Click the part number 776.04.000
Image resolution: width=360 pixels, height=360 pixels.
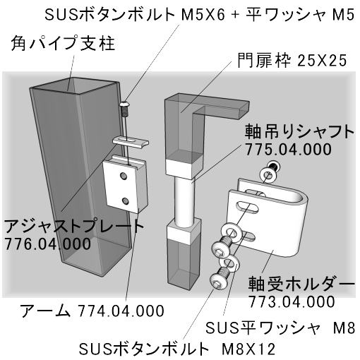47,244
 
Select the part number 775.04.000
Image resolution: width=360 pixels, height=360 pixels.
288,149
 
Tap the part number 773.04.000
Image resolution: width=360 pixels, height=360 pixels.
292,301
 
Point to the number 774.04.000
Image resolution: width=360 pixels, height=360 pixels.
121,311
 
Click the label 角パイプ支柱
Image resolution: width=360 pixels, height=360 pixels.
63,43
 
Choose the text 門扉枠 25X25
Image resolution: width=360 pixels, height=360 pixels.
292,61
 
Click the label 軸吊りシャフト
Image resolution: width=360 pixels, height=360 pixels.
299,131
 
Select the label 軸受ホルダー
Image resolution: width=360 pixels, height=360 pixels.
301,284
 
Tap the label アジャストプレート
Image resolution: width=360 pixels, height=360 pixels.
74,226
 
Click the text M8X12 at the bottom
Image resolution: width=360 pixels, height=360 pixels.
248,349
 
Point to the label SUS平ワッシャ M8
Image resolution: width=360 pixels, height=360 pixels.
280,328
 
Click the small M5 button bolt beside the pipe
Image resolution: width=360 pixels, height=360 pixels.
125,109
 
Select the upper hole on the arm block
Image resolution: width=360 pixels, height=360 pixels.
123,175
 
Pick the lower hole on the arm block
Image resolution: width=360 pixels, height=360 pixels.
126,200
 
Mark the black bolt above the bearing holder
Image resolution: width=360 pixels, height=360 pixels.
275,167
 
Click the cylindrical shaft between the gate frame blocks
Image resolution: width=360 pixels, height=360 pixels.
185,201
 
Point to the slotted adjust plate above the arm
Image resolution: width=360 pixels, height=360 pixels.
131,142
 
